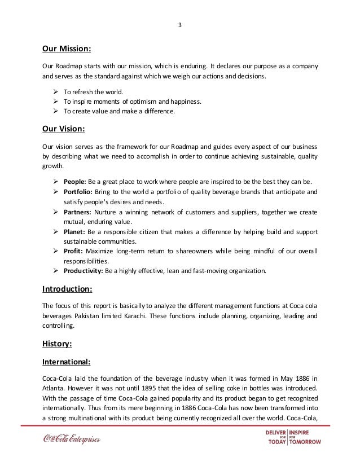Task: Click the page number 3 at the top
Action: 179,24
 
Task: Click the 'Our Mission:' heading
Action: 67,49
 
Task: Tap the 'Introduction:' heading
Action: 67,289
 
